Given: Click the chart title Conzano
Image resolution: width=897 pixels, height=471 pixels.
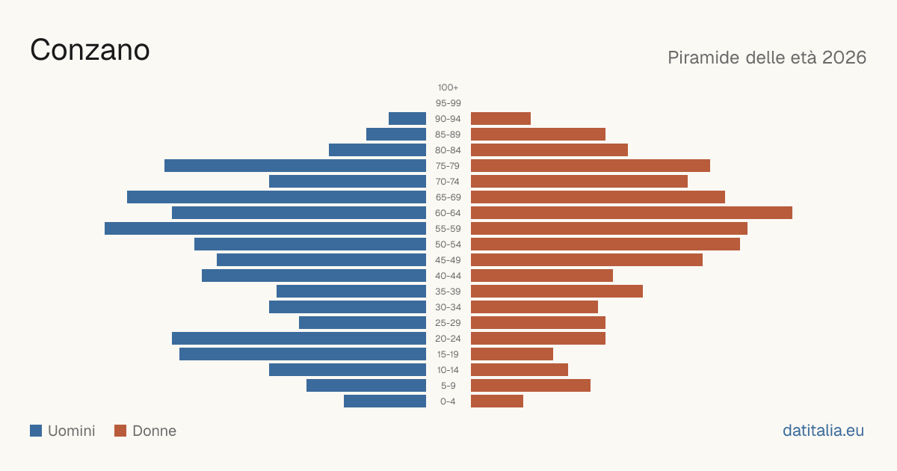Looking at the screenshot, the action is coord(90,50).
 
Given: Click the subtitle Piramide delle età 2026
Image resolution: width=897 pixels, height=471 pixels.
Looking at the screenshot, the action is coord(767,58).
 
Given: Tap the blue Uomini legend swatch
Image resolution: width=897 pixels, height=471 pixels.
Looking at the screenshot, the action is coord(36,431).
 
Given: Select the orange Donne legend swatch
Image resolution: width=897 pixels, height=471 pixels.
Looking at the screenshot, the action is coord(120,431).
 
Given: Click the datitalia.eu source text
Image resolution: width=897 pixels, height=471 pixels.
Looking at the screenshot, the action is coord(823,431).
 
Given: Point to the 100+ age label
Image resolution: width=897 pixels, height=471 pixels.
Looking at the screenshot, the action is coord(448,87).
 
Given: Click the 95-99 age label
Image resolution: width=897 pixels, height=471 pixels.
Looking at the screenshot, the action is coord(448,103).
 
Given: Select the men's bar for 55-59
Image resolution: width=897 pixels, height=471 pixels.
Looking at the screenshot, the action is coord(265,228).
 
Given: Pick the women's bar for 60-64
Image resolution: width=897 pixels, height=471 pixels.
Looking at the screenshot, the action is coord(632,212).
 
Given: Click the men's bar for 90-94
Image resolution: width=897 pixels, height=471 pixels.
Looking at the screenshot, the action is coord(407,119).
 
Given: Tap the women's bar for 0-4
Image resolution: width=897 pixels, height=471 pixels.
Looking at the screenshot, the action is coord(497,401).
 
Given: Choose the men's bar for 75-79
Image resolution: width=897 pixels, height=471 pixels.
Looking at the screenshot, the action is coord(295,165).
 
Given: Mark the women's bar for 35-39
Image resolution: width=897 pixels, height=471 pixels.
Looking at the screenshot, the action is coord(557,291).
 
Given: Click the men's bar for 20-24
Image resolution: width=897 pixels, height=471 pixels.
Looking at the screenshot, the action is coord(299,339).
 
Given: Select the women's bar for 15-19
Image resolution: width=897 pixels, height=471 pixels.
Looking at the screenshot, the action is coord(512,354).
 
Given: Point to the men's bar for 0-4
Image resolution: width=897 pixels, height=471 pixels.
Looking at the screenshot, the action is coord(385,401).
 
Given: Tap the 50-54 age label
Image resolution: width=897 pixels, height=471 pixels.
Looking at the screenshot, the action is coord(448,244).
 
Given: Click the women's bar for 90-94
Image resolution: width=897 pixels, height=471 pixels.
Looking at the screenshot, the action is coord(501,119).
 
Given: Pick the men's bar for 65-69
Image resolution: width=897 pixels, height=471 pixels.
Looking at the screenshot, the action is coord(277,197).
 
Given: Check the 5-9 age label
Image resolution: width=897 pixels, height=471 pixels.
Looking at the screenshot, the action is coord(448,385).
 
